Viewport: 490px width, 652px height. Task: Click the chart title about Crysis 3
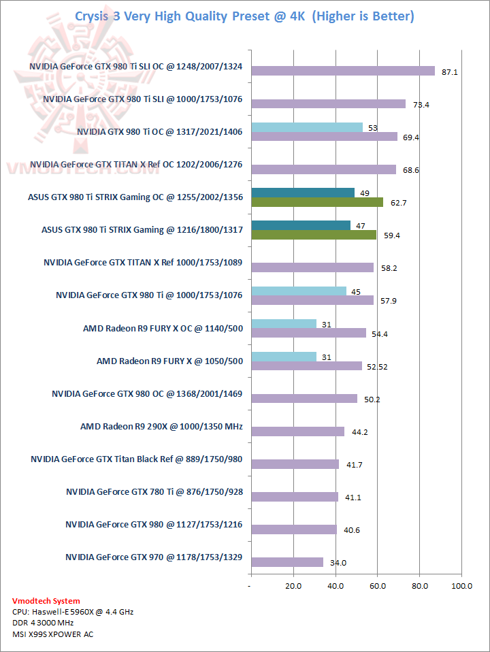pos(244,16)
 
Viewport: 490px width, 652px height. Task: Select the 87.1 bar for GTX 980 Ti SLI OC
pos(342,71)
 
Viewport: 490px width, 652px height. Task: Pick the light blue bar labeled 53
pos(306,127)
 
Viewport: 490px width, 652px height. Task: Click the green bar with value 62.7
pos(317,202)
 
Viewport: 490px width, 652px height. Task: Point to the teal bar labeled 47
pos(300,225)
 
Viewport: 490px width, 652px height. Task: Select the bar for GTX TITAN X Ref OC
pos(323,169)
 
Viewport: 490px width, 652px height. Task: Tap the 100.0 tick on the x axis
pos(461,586)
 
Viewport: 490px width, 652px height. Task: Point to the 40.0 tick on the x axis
pos(335,586)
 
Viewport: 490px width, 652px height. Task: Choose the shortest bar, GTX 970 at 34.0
pos(287,562)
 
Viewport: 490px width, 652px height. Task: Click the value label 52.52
pos(377,367)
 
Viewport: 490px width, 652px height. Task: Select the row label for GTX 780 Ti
pos(154,492)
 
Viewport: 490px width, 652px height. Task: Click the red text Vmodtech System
pos(46,601)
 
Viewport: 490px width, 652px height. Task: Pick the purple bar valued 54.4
pos(308,333)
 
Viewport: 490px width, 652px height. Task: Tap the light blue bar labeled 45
pos(298,291)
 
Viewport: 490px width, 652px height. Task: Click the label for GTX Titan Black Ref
pos(137,459)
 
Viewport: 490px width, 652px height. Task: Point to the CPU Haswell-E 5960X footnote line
pos(73,612)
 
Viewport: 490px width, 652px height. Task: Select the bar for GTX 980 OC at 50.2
pos(304,399)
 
